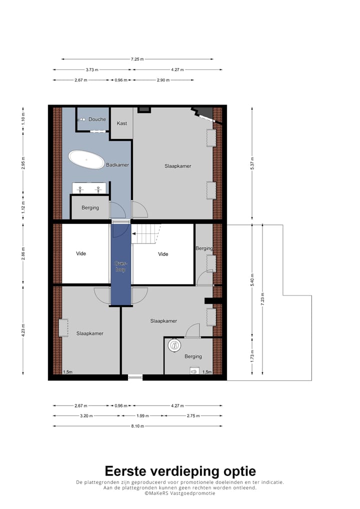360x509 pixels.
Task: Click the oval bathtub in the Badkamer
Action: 86,159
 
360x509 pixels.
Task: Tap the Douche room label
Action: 97,119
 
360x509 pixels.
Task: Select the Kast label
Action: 121,123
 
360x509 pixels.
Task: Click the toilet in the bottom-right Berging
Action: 174,344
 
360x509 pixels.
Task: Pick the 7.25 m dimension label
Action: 137,59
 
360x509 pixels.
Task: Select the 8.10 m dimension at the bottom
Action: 137,426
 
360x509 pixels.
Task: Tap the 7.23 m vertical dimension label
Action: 261,298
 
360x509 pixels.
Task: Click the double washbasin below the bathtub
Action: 89,188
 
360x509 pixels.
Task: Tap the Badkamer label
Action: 117,165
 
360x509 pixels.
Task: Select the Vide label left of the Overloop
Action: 81,253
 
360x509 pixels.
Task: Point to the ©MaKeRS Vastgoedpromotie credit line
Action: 180,493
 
